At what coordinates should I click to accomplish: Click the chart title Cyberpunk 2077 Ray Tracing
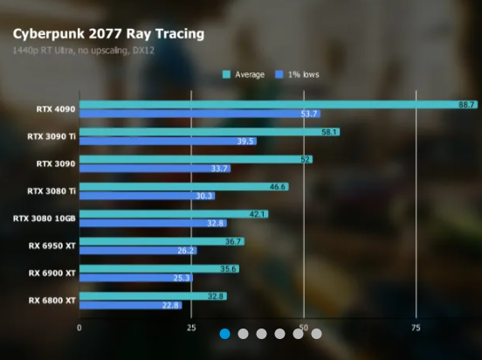point(108,34)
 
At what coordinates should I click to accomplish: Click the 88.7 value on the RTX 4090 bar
point(466,105)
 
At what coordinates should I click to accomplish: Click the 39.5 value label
point(245,142)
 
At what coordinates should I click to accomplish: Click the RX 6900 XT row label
point(52,273)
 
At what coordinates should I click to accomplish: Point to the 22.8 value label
point(170,305)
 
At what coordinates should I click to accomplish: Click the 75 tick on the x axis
point(416,327)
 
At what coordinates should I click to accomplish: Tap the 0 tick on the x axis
point(79,327)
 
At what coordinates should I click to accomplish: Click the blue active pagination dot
point(224,333)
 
